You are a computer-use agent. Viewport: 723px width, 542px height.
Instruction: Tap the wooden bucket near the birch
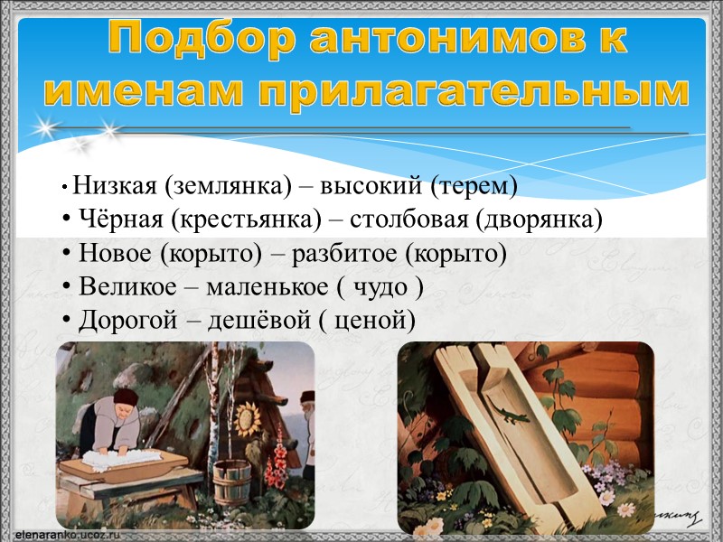point(233,484)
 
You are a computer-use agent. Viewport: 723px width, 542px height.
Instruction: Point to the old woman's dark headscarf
point(122,400)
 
